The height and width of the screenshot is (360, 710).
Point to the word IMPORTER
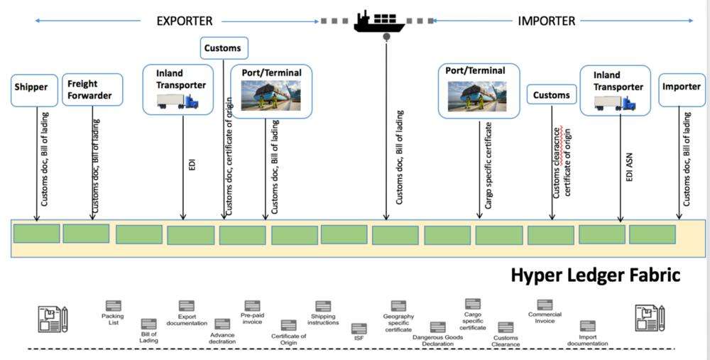[547, 21]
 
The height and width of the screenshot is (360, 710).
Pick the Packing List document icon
[113, 305]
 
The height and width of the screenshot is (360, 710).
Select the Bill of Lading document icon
[149, 324]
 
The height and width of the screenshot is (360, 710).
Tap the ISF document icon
[359, 329]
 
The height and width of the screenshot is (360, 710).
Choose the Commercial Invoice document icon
[545, 305]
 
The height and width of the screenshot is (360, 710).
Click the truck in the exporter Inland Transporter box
[177, 101]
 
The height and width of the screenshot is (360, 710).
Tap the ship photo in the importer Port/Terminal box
[477, 95]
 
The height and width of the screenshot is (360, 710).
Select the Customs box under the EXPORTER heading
[224, 49]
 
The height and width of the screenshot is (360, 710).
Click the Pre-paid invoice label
[252, 318]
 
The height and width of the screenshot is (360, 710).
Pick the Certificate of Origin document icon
[288, 325]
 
